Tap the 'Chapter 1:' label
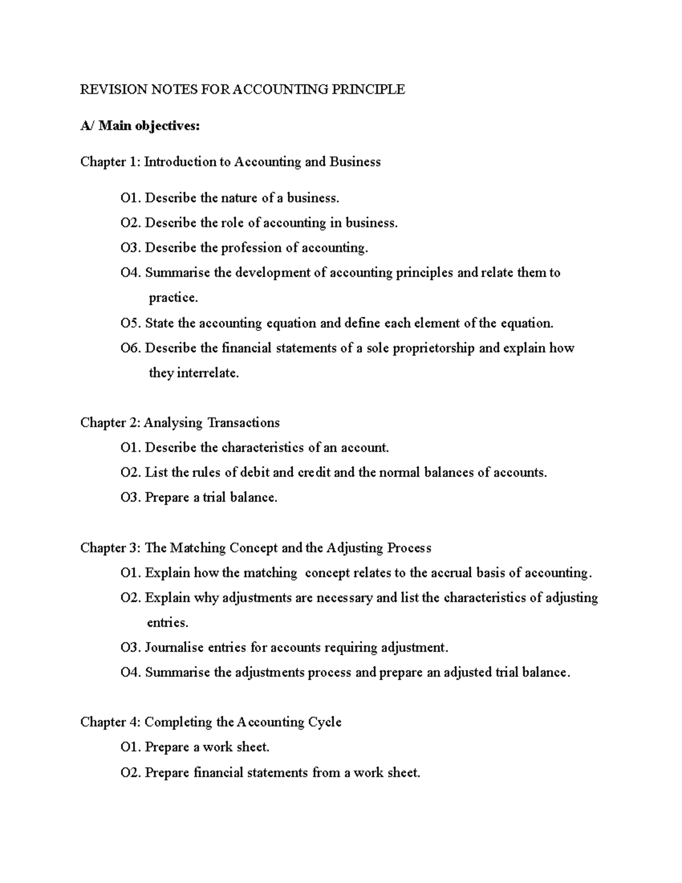110,162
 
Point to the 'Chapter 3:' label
110,548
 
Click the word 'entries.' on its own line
168,623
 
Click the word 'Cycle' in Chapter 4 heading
325,722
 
